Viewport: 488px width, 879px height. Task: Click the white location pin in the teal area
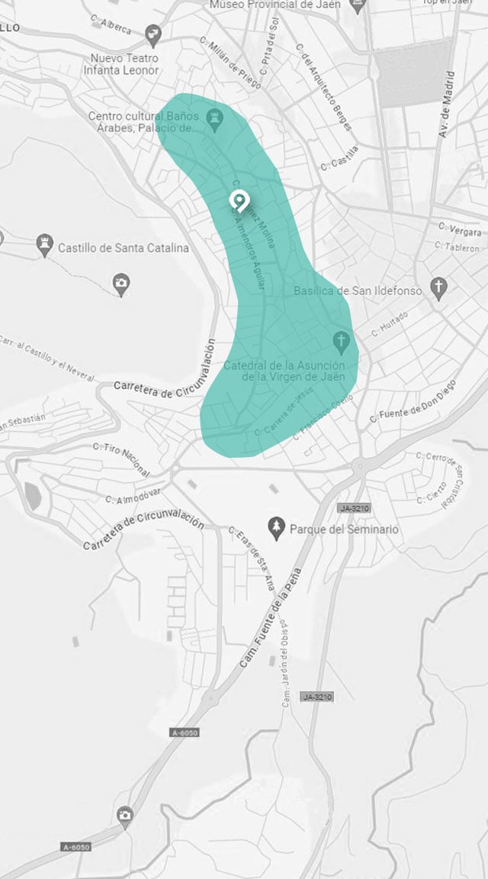tap(239, 201)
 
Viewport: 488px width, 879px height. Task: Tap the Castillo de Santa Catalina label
tap(124, 247)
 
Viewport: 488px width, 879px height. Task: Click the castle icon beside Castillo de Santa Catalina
tap(44, 245)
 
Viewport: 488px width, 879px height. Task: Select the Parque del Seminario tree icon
tap(278, 528)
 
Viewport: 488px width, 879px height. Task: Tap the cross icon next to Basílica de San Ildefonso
tap(438, 287)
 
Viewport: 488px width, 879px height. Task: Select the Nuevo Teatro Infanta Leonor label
tap(125, 64)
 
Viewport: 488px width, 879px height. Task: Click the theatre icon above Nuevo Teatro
tap(155, 34)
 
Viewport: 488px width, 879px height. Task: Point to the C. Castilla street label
tap(339, 158)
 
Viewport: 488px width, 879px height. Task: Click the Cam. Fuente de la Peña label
tap(271, 618)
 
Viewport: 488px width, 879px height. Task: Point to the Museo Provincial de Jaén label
tap(274, 5)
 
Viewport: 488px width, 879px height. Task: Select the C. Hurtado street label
tap(390, 324)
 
